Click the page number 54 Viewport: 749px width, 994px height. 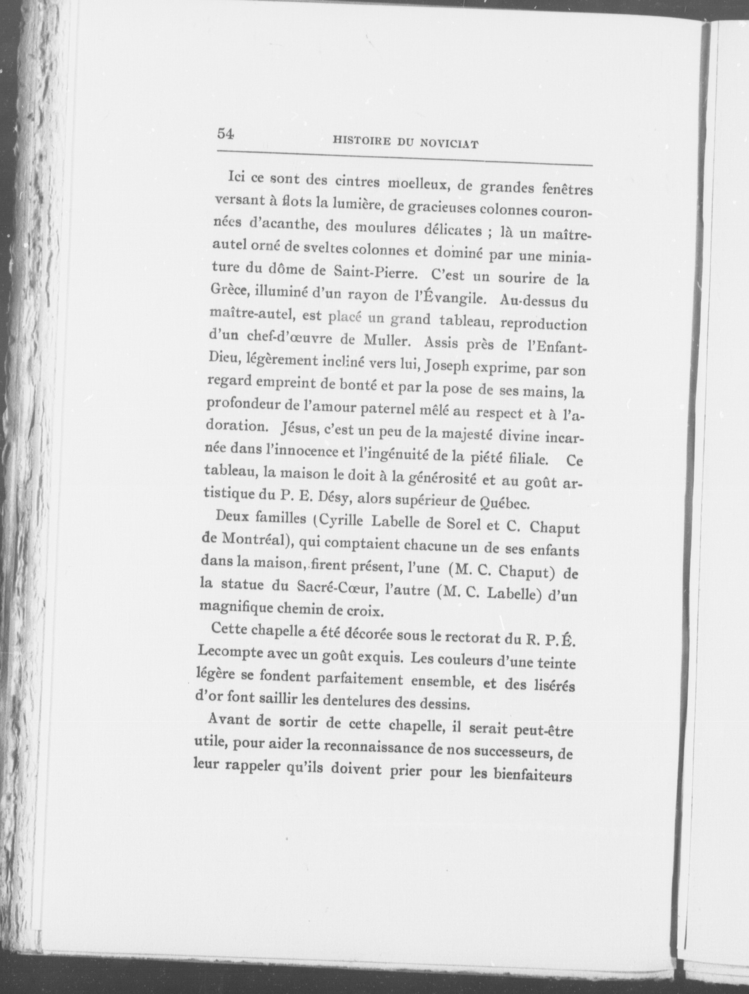[x=226, y=134]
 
